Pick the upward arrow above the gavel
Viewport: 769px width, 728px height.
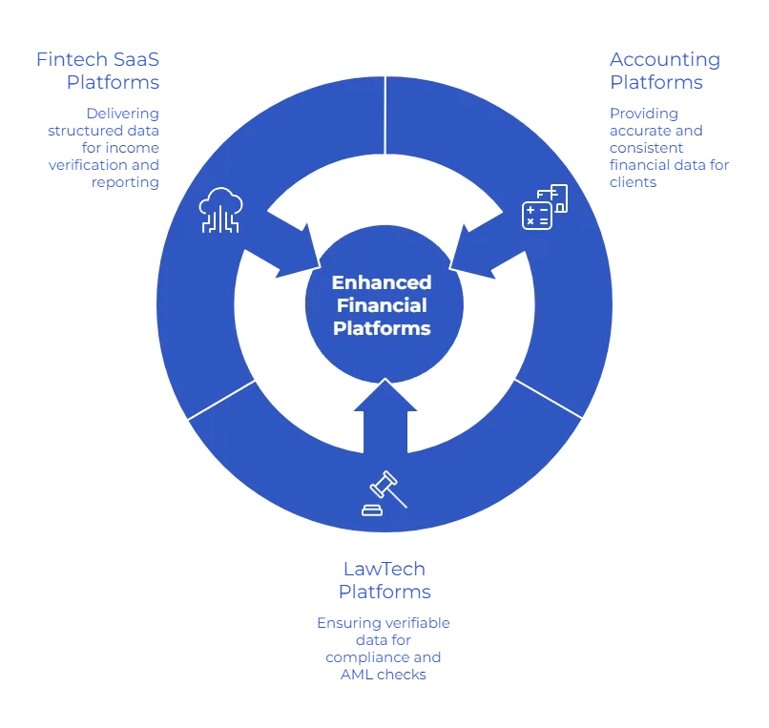(x=384, y=410)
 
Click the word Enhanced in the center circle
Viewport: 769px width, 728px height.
(x=382, y=282)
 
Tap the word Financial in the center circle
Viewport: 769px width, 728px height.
(x=382, y=305)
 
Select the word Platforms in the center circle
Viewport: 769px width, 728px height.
(x=382, y=328)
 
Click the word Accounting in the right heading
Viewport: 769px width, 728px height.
(x=662, y=60)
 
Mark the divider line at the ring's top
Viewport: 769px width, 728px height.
(x=384, y=114)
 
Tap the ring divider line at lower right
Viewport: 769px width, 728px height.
(x=548, y=400)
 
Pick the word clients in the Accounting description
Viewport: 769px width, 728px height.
(x=632, y=181)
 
